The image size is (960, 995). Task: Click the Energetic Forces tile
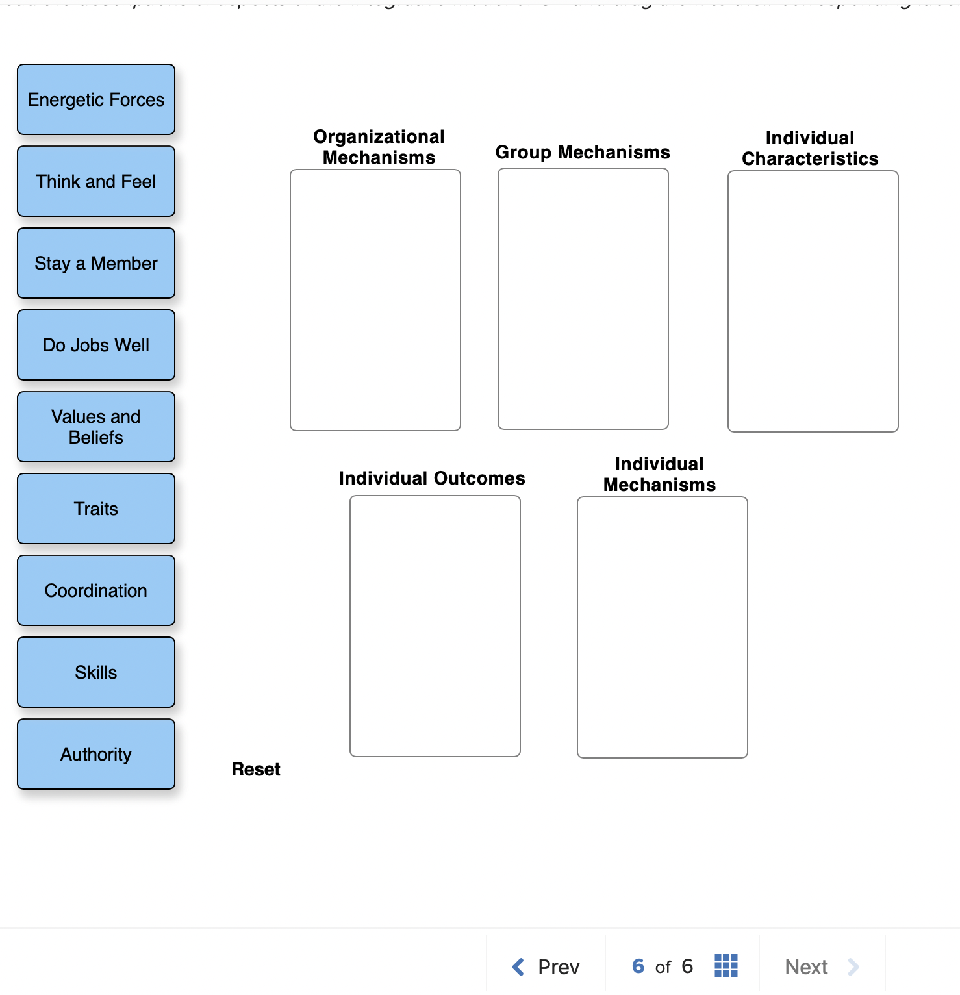point(96,99)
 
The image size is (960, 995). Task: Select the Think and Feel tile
point(96,181)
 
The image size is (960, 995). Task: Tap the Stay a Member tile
point(96,263)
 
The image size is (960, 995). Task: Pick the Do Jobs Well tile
point(96,345)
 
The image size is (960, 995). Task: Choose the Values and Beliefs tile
point(96,427)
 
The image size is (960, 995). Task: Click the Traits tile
point(96,509)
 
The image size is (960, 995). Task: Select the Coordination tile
point(96,590)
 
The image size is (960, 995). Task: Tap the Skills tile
point(96,672)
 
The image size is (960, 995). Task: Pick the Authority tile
point(96,754)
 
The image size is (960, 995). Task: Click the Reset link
point(256,770)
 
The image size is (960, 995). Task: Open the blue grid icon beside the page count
point(726,966)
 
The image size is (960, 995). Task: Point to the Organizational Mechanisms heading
point(379,147)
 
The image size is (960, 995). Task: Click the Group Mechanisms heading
point(583,152)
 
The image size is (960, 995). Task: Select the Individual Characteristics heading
point(810,148)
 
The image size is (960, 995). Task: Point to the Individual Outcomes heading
point(432,478)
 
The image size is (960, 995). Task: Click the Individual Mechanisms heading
point(659,474)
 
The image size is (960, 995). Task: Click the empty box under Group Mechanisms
point(583,299)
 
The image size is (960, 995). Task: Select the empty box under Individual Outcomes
point(435,626)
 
